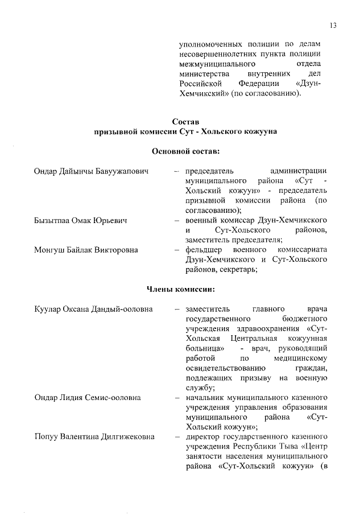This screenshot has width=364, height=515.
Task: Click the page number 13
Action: click(x=334, y=24)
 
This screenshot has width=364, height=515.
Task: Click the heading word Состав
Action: click(x=185, y=121)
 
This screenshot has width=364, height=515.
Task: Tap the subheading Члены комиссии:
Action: click(x=185, y=290)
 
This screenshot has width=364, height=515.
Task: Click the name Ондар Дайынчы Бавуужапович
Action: click(x=91, y=170)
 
